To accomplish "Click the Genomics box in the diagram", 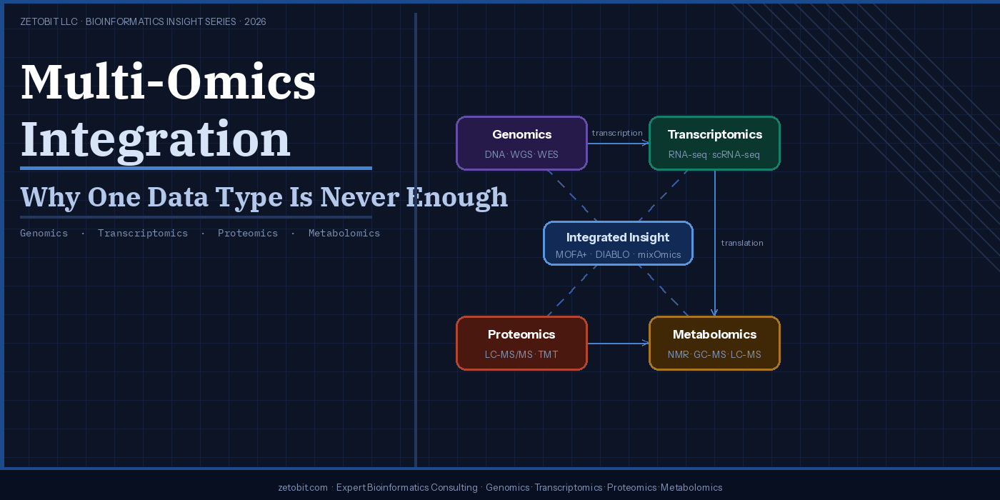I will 521,143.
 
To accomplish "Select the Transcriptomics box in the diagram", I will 714,143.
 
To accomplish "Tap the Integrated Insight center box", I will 618,244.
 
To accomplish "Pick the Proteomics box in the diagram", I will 521,343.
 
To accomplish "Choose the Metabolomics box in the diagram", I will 714,343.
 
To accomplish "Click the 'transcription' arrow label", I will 617,133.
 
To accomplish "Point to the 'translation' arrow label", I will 742,243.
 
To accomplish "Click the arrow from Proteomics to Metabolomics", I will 618,344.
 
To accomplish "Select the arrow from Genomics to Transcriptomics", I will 618,144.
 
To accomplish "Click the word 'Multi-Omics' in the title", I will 169,82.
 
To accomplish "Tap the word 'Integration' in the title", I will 156,139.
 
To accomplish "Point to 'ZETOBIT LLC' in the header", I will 49,22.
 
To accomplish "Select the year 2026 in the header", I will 255,22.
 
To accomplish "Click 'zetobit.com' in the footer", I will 303,488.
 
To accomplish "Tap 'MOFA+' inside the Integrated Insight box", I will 571,255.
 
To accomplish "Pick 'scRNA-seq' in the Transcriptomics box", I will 736,155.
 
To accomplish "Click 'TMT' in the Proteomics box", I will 548,355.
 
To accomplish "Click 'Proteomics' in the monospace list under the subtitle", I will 248,234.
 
